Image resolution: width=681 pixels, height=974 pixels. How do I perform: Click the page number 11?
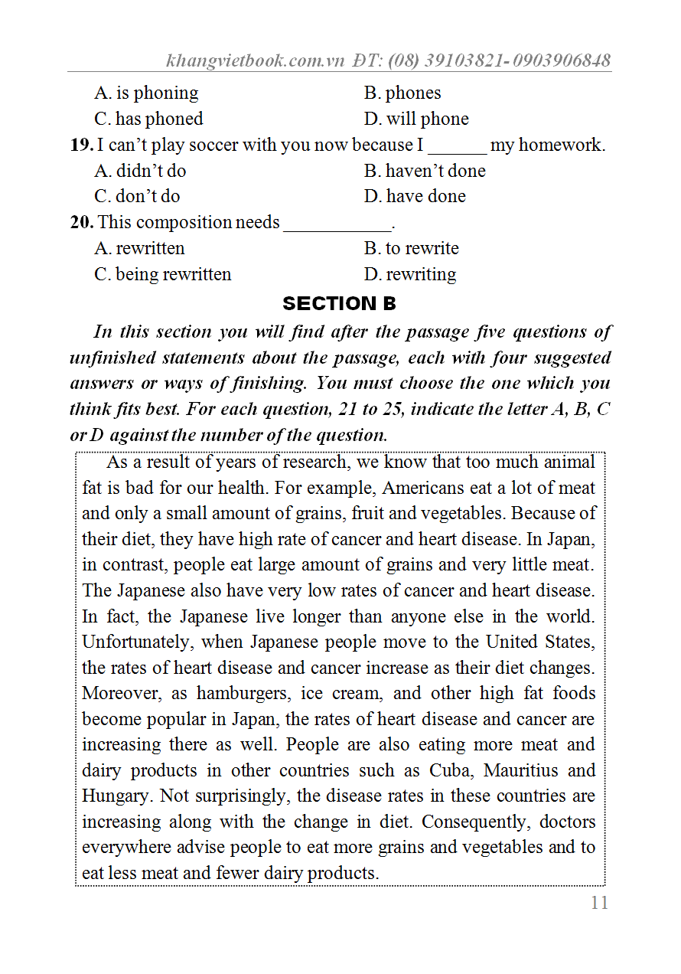pos(599,903)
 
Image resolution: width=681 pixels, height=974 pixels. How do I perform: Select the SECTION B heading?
pos(340,303)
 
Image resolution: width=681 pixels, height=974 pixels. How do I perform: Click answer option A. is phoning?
pos(146,93)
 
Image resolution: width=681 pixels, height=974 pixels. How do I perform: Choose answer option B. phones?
pos(402,93)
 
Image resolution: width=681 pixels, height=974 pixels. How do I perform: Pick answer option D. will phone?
pos(416,119)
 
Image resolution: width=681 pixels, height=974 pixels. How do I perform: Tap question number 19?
pos(81,145)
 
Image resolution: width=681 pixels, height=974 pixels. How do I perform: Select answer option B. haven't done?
pos(425,171)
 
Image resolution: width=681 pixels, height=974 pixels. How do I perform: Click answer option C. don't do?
pos(137,197)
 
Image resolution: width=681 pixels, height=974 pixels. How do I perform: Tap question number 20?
pos(82,222)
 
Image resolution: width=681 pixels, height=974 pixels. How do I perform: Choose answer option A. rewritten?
pos(139,248)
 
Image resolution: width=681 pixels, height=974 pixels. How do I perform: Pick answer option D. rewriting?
pos(410,274)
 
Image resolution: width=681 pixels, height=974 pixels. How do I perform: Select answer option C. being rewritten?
pos(162,274)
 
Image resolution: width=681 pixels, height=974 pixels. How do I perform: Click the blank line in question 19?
pos(457,150)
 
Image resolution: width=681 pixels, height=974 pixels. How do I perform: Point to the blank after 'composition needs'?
pos(337,227)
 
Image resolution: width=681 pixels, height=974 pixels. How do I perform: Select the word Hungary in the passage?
pos(116,796)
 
